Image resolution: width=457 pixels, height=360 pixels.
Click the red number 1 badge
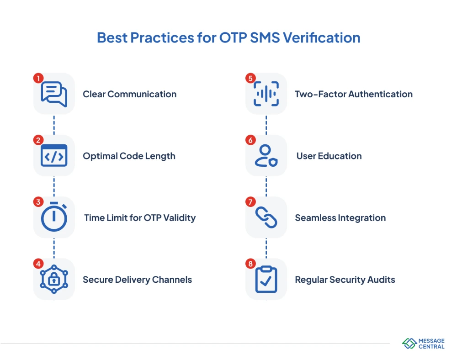click(x=38, y=78)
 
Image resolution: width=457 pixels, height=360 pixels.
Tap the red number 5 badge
click(x=250, y=78)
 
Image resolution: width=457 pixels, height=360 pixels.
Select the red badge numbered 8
click(x=250, y=264)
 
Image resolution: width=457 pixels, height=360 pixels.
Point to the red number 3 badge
click(x=38, y=202)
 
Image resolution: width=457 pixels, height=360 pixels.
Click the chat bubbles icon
click(x=54, y=94)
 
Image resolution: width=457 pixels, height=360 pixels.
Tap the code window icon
click(x=54, y=156)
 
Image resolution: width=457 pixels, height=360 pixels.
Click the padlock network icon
click(x=54, y=280)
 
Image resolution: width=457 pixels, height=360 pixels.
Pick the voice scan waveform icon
click(x=266, y=94)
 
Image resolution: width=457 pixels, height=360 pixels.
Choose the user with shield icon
click(x=266, y=156)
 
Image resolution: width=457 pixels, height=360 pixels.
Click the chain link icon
click(x=266, y=217)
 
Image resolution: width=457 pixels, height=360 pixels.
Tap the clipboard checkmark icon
click(x=266, y=280)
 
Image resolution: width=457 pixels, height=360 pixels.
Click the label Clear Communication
click(x=129, y=95)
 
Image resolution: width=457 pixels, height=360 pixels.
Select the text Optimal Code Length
click(x=129, y=156)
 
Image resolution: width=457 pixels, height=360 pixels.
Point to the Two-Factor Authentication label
click(x=353, y=95)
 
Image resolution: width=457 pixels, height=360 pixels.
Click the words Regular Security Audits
click(x=345, y=280)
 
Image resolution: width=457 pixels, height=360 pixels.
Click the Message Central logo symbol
click(x=409, y=344)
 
